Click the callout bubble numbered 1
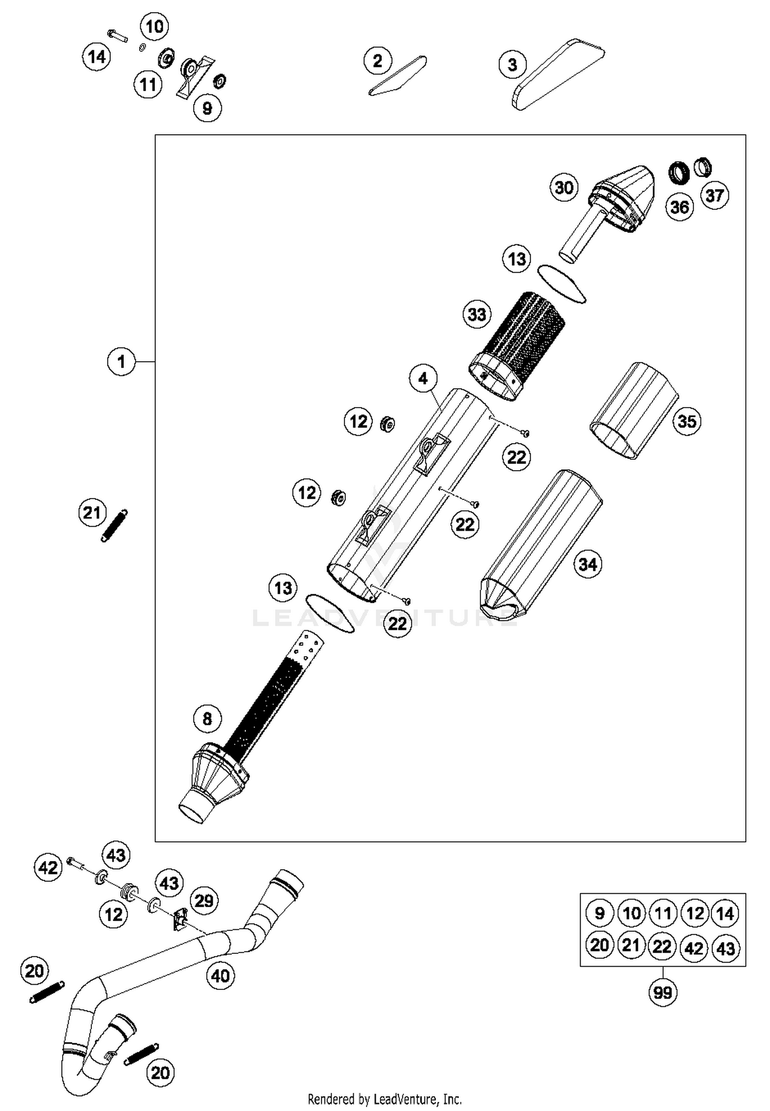point(121,362)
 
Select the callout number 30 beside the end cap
point(564,187)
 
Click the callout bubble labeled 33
point(477,314)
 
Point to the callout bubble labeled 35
point(687,421)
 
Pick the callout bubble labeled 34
point(587,564)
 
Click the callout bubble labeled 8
point(207,718)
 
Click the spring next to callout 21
point(114,526)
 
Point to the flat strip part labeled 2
point(398,76)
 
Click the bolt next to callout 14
point(118,36)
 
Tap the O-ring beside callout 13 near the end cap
point(562,284)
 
